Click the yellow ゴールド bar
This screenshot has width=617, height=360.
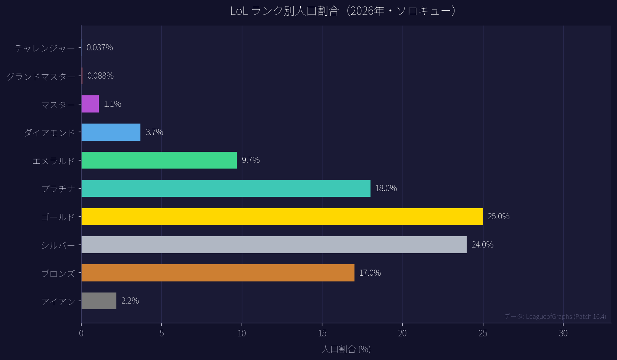pos(282,217)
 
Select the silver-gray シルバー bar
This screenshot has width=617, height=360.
pos(274,245)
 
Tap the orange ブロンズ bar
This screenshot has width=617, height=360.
pos(218,273)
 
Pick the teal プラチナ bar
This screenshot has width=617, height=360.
pos(226,188)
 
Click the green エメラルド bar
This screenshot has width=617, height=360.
pos(159,160)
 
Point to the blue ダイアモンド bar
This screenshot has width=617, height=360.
pos(111,132)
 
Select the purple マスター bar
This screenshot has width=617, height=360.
pos(90,104)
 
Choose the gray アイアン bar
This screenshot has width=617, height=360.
pos(99,301)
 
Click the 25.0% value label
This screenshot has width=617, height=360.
pos(498,217)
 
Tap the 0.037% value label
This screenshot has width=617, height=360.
pos(100,48)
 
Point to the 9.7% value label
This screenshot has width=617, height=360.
pos(251,160)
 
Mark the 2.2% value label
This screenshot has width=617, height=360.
pos(130,301)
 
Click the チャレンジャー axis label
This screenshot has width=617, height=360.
pos(45,48)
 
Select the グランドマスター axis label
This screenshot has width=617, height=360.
pos(41,77)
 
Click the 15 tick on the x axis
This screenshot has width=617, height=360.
pos(322,334)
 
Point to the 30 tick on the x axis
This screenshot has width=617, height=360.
pos(563,334)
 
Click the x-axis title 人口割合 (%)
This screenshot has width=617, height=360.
pos(346,349)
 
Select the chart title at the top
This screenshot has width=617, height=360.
pos(343,11)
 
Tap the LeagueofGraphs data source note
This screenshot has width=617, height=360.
pos(555,317)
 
